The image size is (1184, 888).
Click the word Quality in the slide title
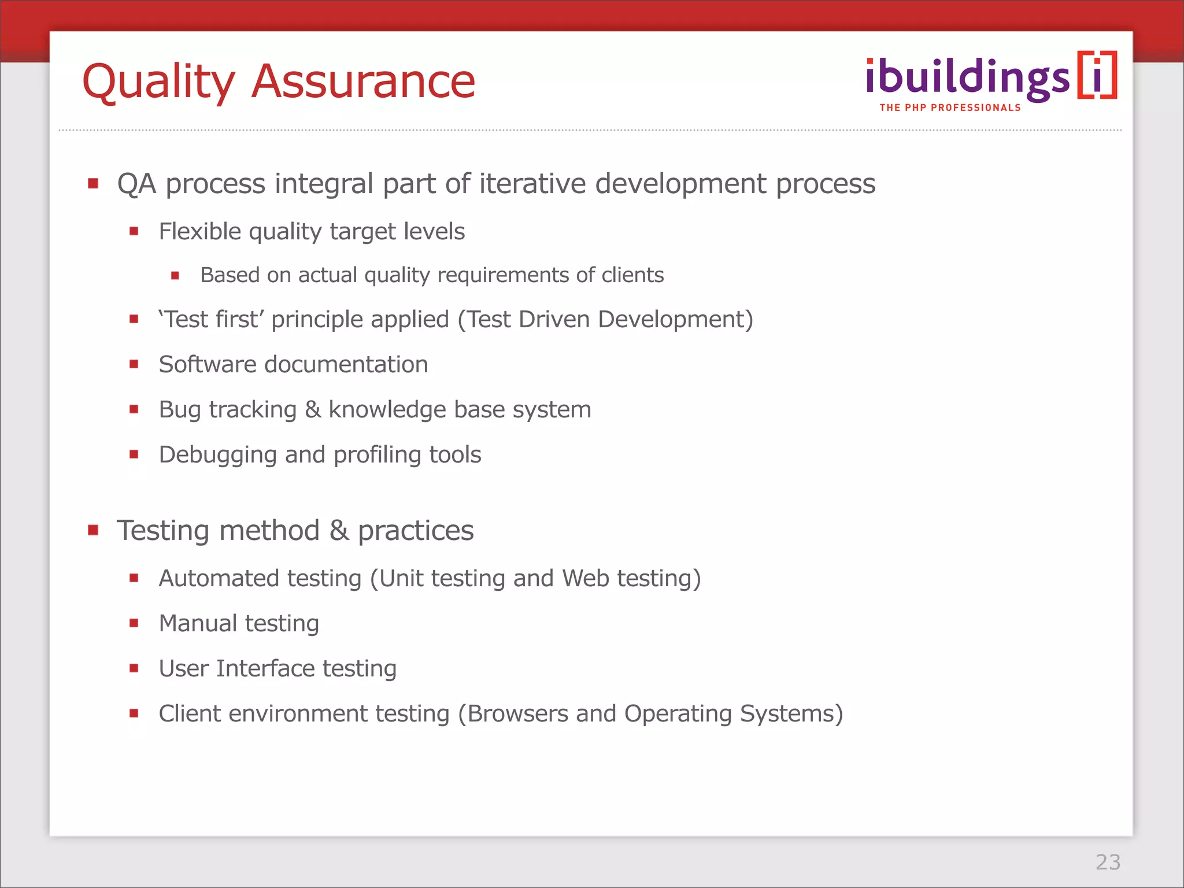click(159, 82)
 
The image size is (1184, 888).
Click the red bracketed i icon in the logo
click(1097, 76)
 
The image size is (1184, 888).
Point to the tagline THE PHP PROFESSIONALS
click(950, 108)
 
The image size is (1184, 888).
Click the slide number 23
click(1108, 862)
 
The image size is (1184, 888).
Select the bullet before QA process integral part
click(93, 184)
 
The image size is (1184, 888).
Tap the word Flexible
click(199, 231)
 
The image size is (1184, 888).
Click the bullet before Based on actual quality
click(175, 276)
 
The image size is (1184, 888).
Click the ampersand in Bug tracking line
click(313, 409)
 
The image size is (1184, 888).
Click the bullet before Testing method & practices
click(93, 530)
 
